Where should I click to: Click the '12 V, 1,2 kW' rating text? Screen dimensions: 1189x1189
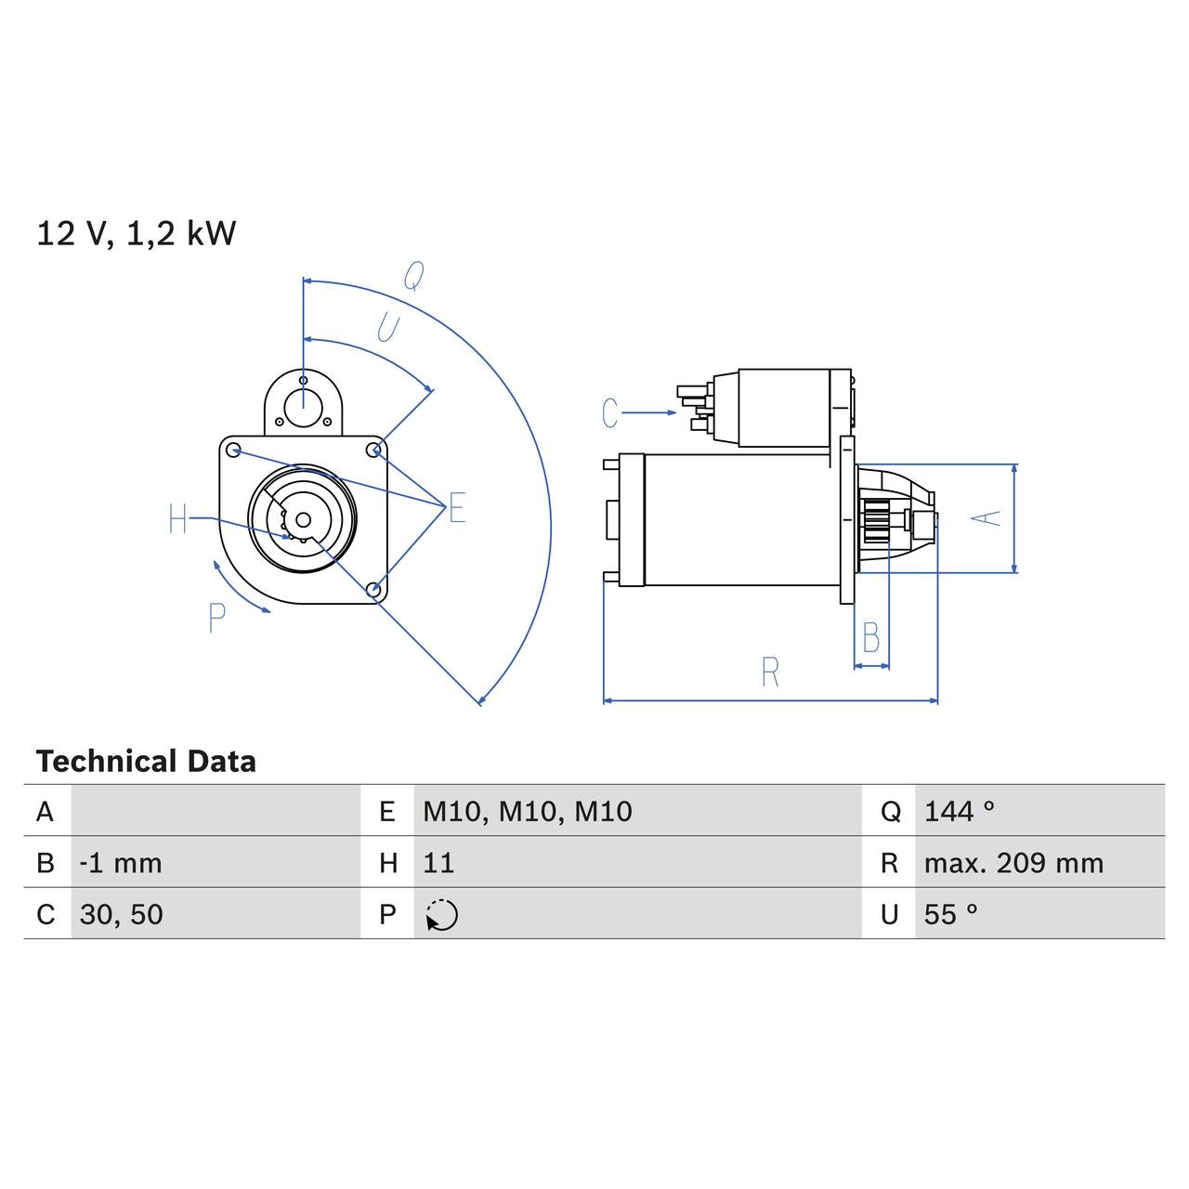click(x=137, y=233)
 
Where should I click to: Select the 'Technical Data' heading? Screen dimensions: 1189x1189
click(x=146, y=762)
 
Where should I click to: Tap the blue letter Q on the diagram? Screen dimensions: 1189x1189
click(x=413, y=277)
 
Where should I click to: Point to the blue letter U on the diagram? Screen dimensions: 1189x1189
click(x=387, y=328)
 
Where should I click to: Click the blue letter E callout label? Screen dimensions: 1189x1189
click(x=456, y=508)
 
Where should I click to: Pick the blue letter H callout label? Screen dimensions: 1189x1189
click(x=178, y=519)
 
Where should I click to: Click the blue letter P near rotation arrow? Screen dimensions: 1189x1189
click(x=217, y=618)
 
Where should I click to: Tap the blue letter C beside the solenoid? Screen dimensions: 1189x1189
click(x=609, y=413)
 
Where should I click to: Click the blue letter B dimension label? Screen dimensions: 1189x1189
click(x=870, y=638)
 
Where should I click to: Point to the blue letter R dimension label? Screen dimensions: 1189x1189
click(x=770, y=673)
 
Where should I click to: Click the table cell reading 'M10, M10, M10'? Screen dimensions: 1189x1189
click(x=528, y=812)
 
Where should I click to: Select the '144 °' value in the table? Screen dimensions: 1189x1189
click(x=959, y=812)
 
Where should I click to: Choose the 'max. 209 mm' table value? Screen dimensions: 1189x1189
click(x=1013, y=863)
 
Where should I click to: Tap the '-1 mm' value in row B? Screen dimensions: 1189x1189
click(x=121, y=863)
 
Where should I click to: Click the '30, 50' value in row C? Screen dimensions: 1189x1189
click(x=122, y=915)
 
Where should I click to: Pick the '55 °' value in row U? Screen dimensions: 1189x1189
click(x=950, y=915)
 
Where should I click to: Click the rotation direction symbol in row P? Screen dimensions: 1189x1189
click(x=442, y=915)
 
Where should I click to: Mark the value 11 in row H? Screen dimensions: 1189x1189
click(x=438, y=863)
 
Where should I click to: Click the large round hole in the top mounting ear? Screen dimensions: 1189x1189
click(x=303, y=405)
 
